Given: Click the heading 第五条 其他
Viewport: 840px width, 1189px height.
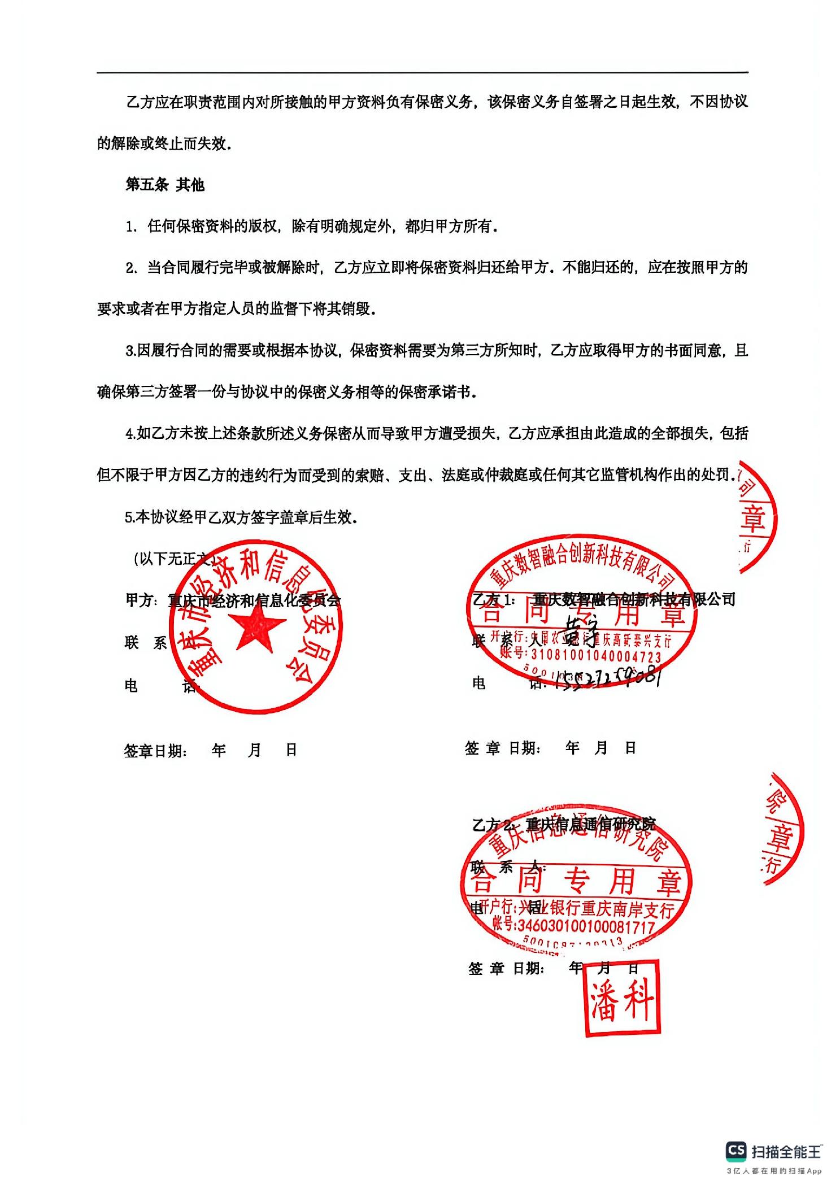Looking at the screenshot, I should click(164, 185).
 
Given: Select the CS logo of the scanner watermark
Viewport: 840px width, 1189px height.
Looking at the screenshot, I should click(735, 1150).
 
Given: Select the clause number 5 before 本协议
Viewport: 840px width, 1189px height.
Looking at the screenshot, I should click(129, 517).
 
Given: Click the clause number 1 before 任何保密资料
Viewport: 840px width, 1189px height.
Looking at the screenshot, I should click(130, 227).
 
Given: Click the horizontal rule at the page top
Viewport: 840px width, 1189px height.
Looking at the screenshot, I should click(422, 72).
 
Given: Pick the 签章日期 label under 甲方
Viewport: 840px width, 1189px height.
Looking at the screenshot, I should click(155, 751).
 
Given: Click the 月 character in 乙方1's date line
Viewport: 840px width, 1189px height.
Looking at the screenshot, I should click(600, 748).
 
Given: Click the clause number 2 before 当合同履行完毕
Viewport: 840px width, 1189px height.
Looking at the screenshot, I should click(130, 268).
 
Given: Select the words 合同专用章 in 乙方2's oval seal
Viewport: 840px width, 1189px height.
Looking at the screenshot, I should click(576, 881).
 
